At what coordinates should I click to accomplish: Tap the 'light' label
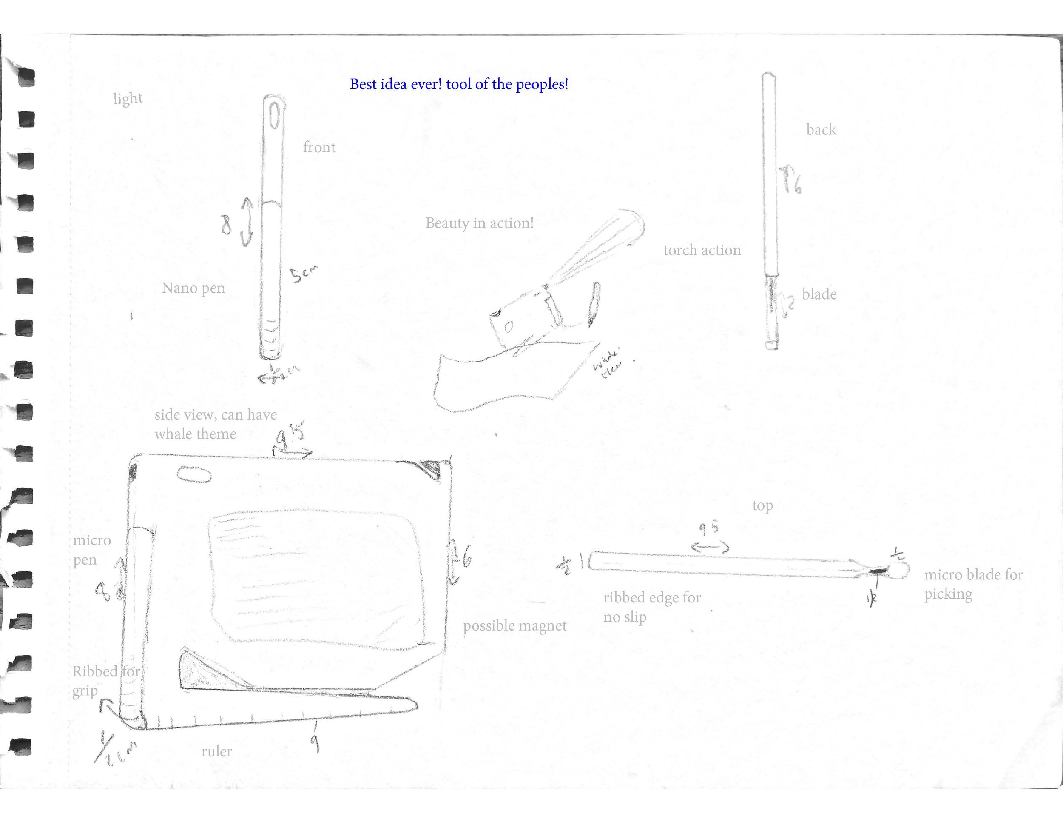(x=128, y=99)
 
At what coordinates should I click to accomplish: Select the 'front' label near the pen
(x=319, y=147)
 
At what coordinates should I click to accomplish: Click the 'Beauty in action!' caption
(x=480, y=223)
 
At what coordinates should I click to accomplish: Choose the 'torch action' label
(x=702, y=250)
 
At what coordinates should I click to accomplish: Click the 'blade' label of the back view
(x=819, y=294)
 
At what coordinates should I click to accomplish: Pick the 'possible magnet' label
(x=514, y=626)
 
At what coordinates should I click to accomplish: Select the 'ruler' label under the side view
(x=216, y=751)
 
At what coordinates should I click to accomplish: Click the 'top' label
(x=762, y=506)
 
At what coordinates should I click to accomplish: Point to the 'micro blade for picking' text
(x=973, y=584)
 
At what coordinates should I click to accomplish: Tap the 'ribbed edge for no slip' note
(x=652, y=607)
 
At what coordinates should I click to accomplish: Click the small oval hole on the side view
(x=194, y=474)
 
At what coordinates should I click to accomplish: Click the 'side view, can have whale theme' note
(x=215, y=424)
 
